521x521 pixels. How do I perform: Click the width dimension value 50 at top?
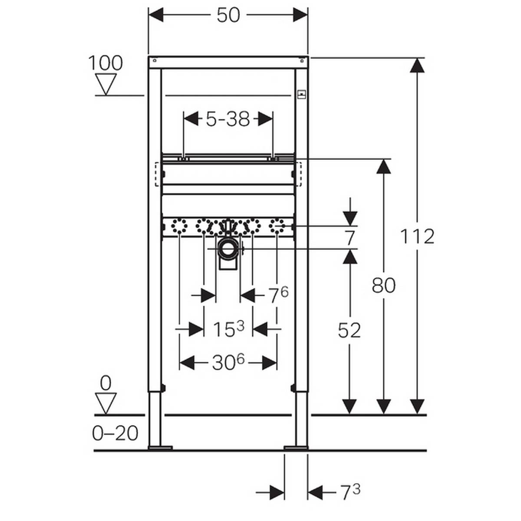pyautogui.click(x=228, y=15)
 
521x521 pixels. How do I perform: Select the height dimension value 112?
pyautogui.click(x=417, y=237)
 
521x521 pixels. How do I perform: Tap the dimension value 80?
pyautogui.click(x=383, y=286)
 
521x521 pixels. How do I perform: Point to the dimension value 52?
pyautogui.click(x=349, y=331)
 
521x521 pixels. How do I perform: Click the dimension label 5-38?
pyautogui.click(x=228, y=119)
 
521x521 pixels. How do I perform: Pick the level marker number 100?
pyautogui.click(x=106, y=63)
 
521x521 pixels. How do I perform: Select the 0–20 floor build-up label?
pyautogui.click(x=115, y=433)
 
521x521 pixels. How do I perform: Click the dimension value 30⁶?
pyautogui.click(x=228, y=362)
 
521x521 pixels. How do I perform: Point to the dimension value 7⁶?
pyautogui.click(x=278, y=296)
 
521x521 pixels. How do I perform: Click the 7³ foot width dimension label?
pyautogui.click(x=350, y=492)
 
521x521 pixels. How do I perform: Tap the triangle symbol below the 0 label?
pyautogui.click(x=106, y=403)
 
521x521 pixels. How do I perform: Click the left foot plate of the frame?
pyautogui.click(x=160, y=447)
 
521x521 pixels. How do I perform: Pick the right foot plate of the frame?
pyautogui.click(x=296, y=447)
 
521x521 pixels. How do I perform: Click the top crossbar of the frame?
pyautogui.click(x=228, y=62)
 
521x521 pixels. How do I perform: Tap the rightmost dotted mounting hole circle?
pyautogui.click(x=277, y=226)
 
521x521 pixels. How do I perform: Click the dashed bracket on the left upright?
pyautogui.click(x=158, y=174)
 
